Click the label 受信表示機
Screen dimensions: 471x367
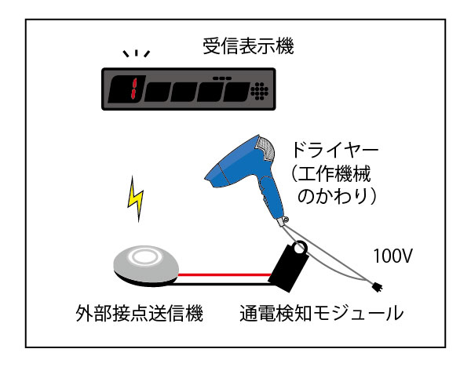pyautogui.click(x=248, y=46)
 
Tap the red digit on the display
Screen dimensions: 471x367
pyautogui.click(x=133, y=89)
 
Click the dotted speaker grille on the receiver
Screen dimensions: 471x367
pyautogui.click(x=260, y=91)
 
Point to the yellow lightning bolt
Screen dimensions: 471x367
pyautogui.click(x=136, y=198)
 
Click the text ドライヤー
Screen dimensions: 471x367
pyautogui.click(x=335, y=150)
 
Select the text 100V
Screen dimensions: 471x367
pyautogui.click(x=392, y=256)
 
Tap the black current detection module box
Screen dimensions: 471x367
pyautogui.click(x=288, y=267)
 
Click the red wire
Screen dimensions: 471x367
pyautogui.click(x=225, y=274)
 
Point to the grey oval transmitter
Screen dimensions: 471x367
pyautogui.click(x=146, y=265)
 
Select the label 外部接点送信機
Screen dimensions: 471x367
pyautogui.click(x=140, y=314)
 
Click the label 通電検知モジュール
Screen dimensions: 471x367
pyautogui.click(x=321, y=314)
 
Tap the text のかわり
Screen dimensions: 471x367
pyautogui.click(x=334, y=196)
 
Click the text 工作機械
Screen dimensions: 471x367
pyautogui.click(x=334, y=173)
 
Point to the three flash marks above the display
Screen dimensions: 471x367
pyautogui.click(x=137, y=53)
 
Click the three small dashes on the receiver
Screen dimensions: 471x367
pyautogui.click(x=222, y=78)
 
